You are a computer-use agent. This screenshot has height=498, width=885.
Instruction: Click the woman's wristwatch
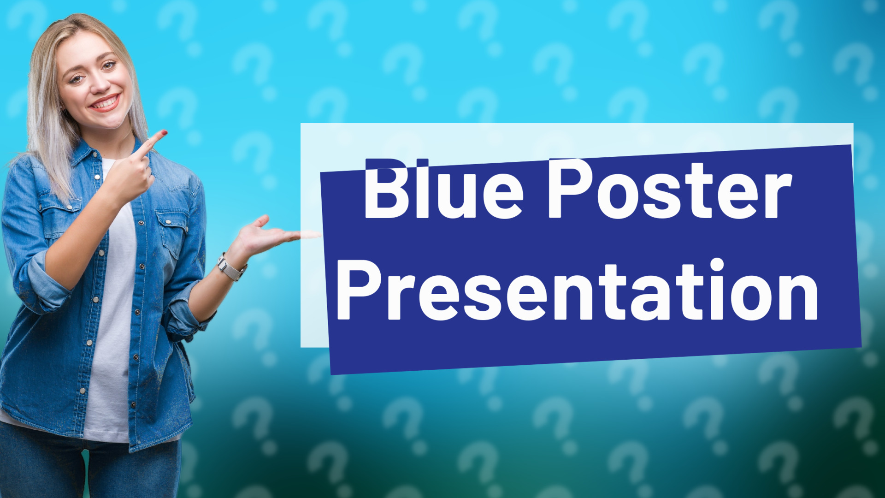[230, 267]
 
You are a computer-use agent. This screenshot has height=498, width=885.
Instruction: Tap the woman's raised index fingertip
[162, 134]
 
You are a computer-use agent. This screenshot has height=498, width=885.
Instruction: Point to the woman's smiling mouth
[106, 102]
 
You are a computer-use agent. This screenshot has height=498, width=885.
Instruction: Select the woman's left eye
[108, 65]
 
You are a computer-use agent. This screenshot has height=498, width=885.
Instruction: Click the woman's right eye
[77, 79]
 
